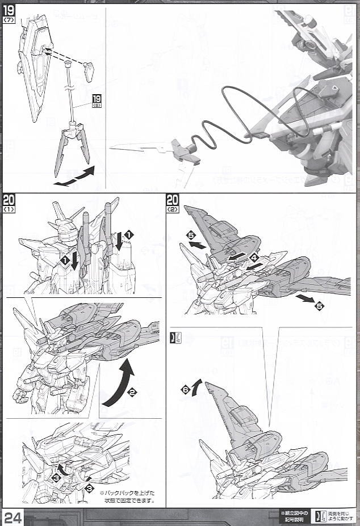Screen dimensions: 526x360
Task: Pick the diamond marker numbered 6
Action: tap(186, 390)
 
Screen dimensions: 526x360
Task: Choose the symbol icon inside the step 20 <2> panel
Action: tap(173, 337)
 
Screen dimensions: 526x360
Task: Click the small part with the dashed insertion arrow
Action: tap(88, 73)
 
